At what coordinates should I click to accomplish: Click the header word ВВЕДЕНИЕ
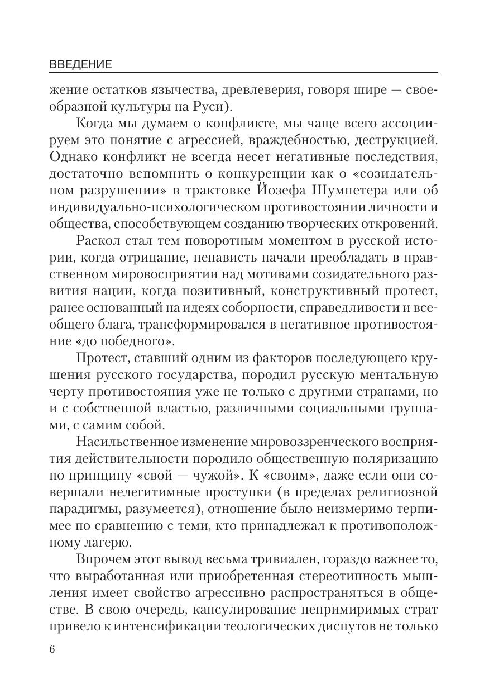coord(81,64)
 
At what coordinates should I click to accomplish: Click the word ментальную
coord(395,374)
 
